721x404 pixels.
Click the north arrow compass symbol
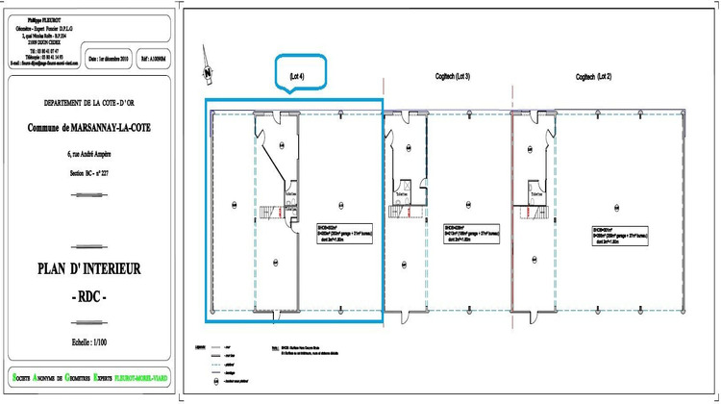pos(205,69)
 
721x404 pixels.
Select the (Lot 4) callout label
pos(297,75)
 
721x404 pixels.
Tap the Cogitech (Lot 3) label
pos(452,76)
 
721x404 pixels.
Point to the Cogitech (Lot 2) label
pos(593,76)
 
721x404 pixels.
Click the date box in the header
pos(108,58)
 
